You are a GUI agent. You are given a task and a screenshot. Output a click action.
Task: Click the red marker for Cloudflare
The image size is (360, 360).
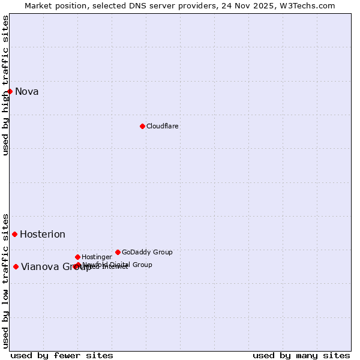142,126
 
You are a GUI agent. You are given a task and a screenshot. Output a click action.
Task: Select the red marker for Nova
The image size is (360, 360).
10,91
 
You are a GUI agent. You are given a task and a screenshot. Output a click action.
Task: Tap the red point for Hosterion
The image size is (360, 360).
14,234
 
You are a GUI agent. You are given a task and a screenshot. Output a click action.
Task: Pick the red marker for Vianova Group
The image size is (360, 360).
16,266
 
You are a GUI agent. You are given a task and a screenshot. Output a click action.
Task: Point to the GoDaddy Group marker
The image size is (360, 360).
118,252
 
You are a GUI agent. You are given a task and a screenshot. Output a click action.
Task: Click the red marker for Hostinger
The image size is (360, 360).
77,257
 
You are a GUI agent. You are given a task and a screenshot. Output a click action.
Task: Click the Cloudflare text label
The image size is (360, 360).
163,127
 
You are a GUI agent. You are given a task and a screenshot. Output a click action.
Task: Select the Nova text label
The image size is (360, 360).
27,92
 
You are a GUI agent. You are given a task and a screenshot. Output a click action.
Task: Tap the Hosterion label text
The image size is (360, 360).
43,235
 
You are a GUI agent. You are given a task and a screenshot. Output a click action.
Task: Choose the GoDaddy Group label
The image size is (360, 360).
147,253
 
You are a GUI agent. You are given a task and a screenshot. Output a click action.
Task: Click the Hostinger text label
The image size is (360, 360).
97,257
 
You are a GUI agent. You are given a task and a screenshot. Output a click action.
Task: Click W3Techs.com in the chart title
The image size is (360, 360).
305,6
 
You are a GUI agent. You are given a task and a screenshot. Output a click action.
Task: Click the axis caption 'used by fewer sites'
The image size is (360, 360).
62,356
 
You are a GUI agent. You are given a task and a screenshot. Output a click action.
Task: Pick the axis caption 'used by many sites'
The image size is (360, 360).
301,356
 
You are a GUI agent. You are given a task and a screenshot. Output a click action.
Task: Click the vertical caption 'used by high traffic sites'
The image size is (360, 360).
6,85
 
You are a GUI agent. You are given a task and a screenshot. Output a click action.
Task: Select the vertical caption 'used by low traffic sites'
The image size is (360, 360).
6,281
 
